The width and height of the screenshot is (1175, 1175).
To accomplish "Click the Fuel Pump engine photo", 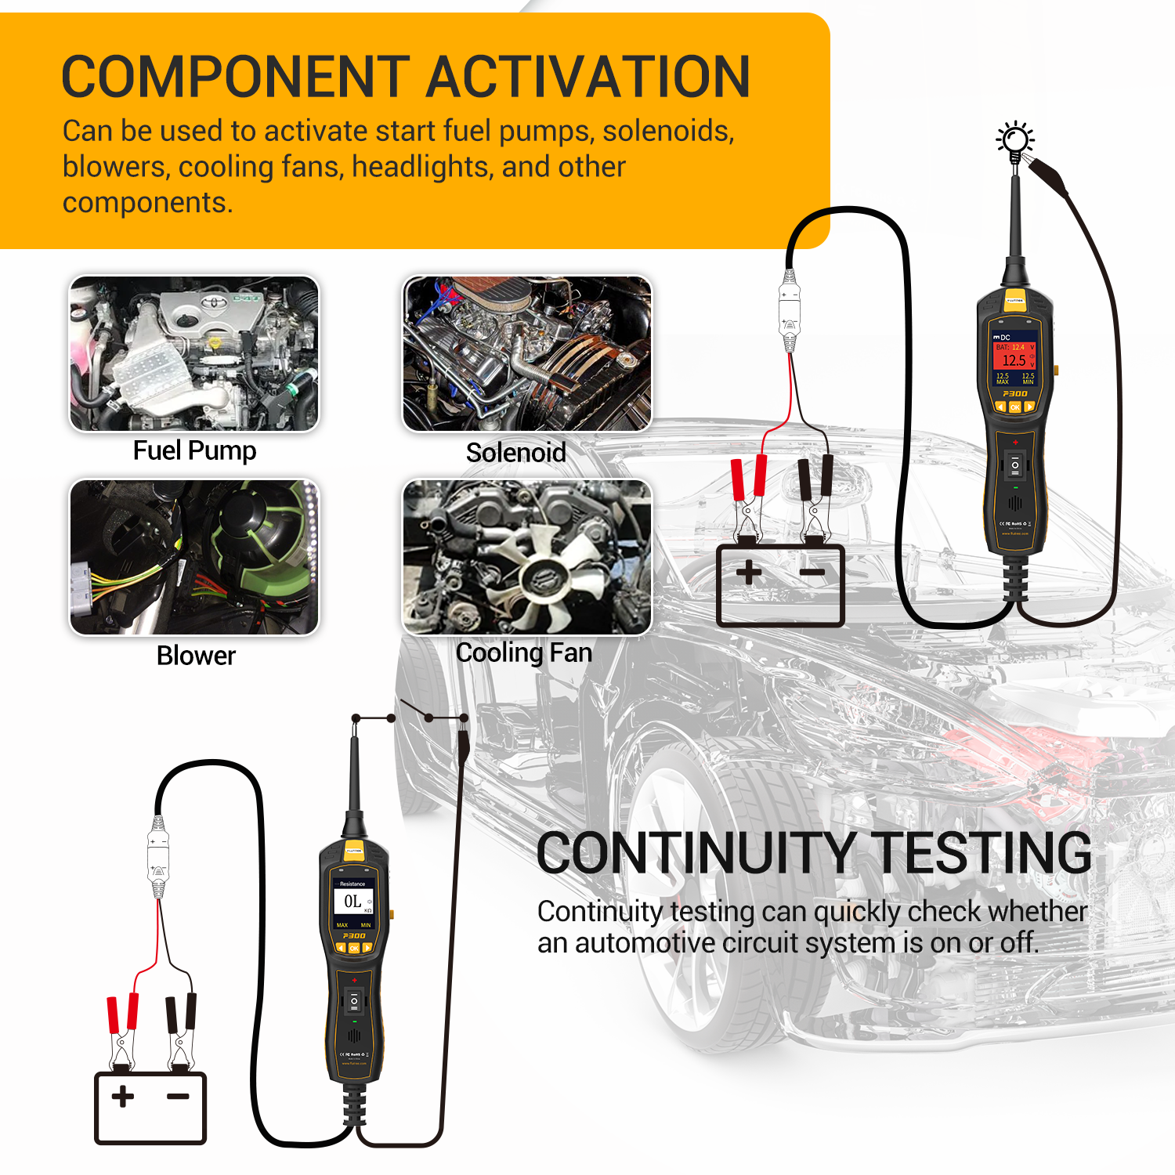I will click(x=194, y=353).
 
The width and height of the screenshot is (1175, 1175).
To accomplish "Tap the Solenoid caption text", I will click(x=515, y=453).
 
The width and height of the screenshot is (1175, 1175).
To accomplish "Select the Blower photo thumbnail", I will click(x=194, y=557).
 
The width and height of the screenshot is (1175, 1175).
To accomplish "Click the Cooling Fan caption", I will click(x=523, y=653).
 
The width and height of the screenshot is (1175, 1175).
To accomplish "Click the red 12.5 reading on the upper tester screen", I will click(x=1014, y=360).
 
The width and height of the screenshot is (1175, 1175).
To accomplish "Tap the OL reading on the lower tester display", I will click(x=352, y=902).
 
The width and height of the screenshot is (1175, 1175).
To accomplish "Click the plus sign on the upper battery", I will click(x=749, y=572).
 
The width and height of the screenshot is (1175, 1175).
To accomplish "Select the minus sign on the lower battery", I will click(x=179, y=1096).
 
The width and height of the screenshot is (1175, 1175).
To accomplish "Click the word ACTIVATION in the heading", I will click(x=587, y=77).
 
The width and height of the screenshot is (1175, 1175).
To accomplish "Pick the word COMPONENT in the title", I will click(x=235, y=77).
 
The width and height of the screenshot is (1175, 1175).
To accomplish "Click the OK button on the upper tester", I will click(x=1015, y=407).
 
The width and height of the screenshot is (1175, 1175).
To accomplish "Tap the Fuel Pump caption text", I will click(x=194, y=451).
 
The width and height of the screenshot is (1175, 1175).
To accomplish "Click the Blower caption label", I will click(x=196, y=656).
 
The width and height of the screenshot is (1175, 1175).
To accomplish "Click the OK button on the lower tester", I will click(x=354, y=948).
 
